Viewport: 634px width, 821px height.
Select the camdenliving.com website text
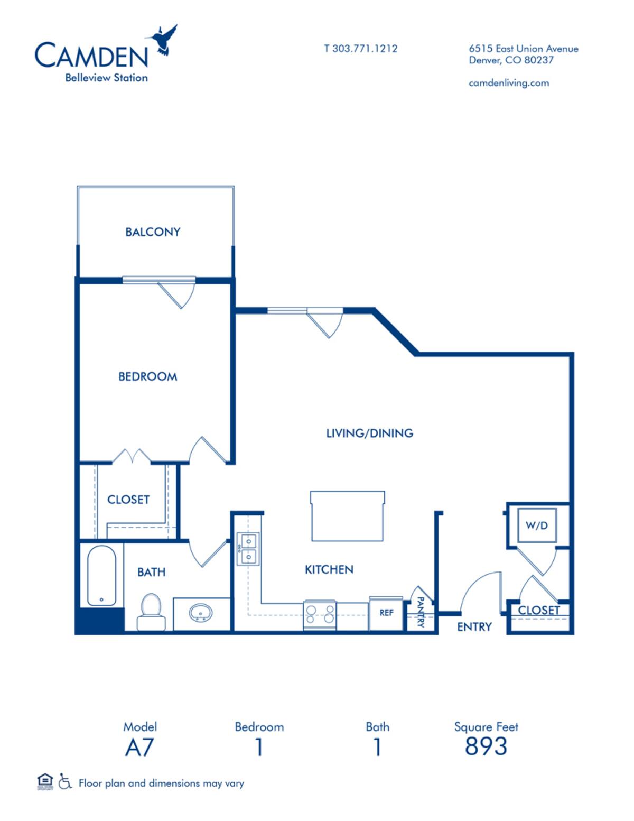[508, 83]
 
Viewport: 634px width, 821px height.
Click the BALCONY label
[153, 232]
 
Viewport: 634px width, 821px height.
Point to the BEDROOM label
[147, 377]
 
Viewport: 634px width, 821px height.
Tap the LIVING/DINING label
[369, 433]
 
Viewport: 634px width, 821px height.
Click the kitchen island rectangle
[347, 516]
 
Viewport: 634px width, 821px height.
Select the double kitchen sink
[248, 549]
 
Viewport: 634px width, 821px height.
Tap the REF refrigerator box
[386, 613]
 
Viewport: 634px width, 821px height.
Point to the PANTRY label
[421, 612]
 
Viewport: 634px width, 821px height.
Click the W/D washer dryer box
[536, 525]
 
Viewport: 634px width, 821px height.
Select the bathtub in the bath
[101, 576]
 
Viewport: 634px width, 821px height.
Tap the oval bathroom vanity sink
[201, 613]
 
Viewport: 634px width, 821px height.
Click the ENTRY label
[474, 627]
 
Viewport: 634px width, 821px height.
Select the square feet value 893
[486, 746]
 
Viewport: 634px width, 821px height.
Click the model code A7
[139, 748]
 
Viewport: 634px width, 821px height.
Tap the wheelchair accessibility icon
[65, 781]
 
